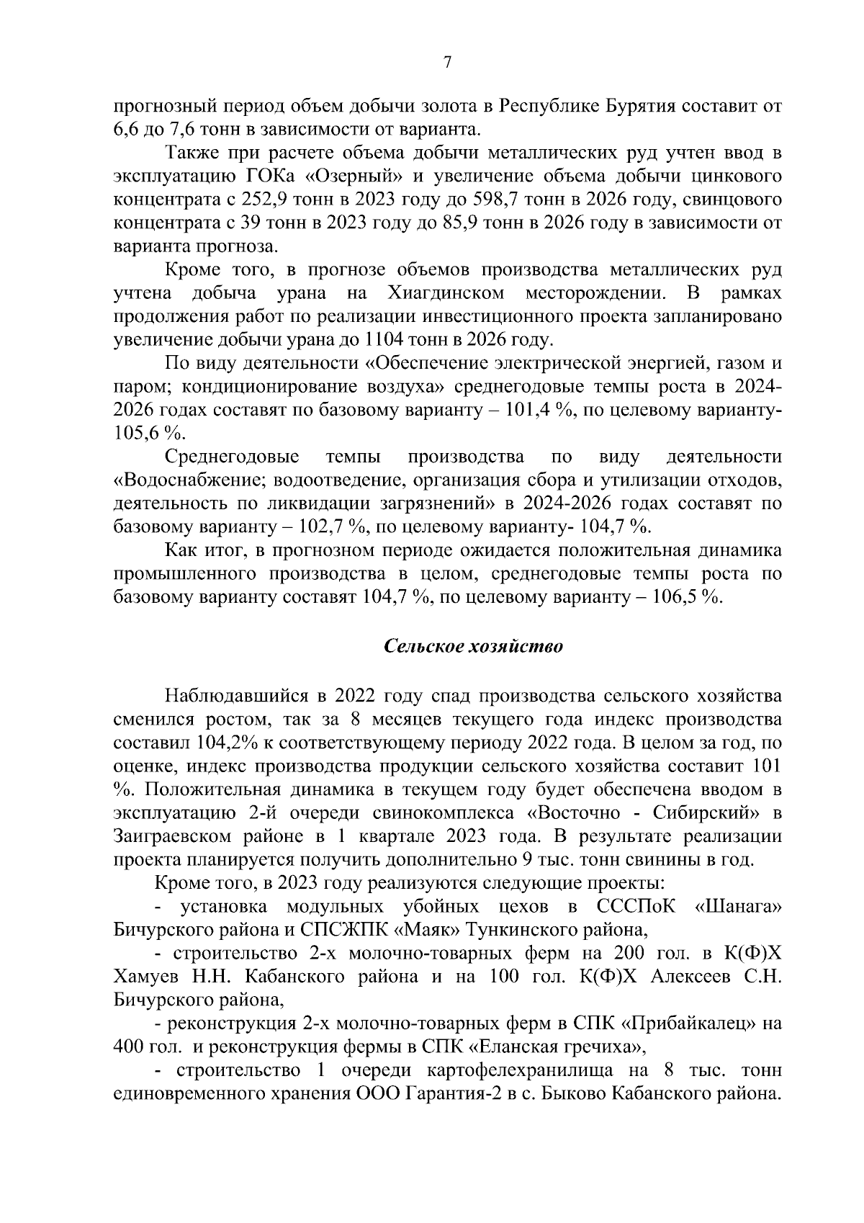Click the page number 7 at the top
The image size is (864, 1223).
click(446, 63)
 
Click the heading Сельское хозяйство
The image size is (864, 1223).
click(473, 645)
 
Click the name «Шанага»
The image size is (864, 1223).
click(736, 906)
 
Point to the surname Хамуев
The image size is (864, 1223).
click(148, 977)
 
